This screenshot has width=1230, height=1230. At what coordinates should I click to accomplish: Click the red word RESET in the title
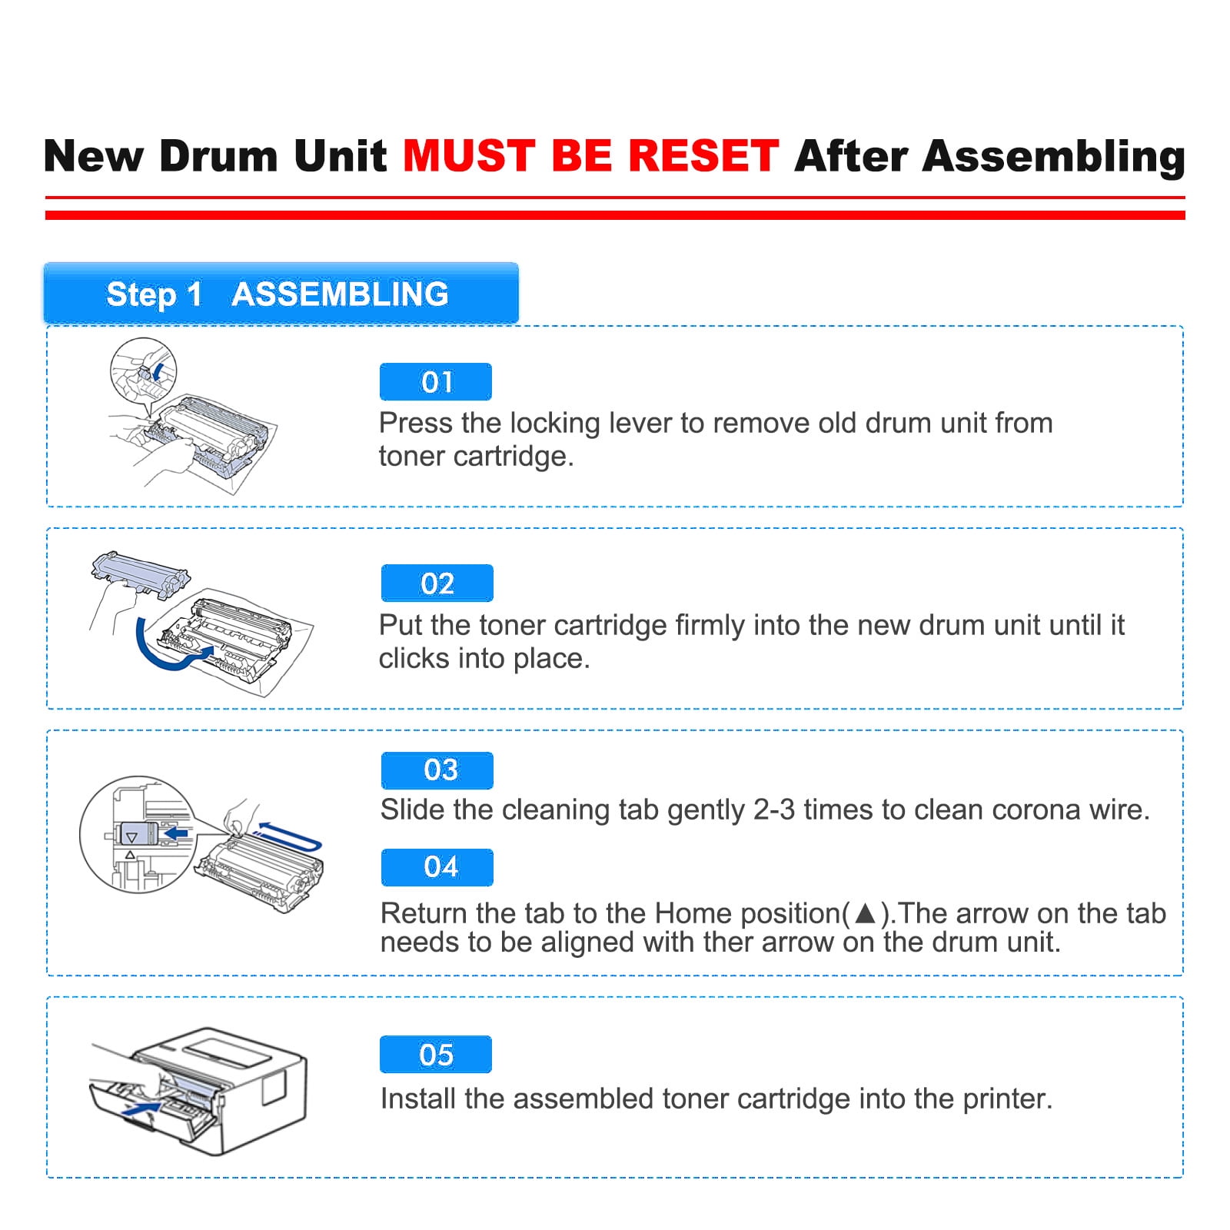tap(704, 156)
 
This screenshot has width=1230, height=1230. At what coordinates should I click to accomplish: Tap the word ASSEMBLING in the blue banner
tap(340, 294)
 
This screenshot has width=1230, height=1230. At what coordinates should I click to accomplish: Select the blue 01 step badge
tap(436, 382)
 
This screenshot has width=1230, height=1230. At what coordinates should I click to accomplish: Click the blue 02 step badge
tap(437, 583)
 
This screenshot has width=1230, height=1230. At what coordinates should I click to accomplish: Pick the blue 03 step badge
tap(437, 770)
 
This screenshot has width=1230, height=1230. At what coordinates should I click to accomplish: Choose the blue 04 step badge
tap(437, 867)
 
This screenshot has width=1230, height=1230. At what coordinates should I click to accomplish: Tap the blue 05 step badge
tap(436, 1055)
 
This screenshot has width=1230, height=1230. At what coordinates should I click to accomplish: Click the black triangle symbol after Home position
tap(866, 913)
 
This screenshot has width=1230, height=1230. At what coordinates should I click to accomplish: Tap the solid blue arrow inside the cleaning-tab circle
tap(176, 833)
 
